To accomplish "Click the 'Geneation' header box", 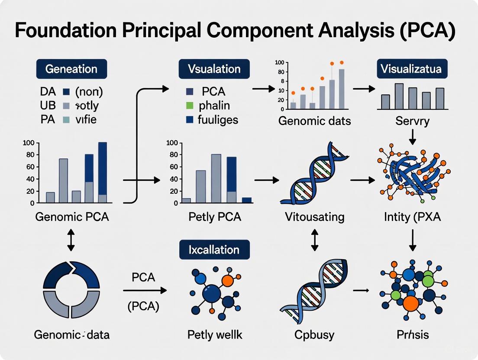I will click(71, 69).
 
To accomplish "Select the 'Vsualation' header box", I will click(214, 69).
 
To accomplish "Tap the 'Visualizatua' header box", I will click(412, 69).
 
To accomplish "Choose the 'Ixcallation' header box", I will click(214, 250).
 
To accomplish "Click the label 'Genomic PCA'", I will click(71, 216).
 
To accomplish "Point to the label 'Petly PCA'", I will click(214, 216).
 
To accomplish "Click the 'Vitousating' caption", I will click(315, 216).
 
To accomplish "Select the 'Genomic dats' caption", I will click(315, 121).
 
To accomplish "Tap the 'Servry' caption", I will click(412, 121).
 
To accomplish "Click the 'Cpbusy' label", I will click(315, 334).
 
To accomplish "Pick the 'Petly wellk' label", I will click(214, 334).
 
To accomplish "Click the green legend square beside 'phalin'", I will click(189, 105).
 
